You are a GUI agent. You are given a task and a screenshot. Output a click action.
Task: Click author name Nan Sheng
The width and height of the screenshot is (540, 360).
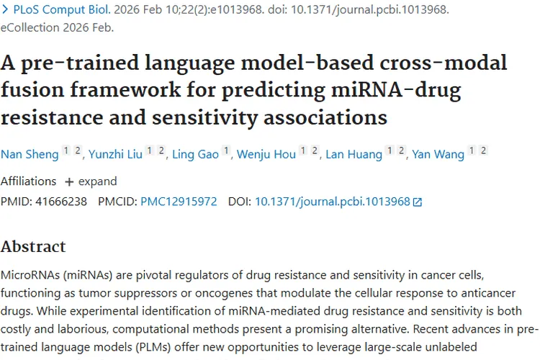(x=29, y=155)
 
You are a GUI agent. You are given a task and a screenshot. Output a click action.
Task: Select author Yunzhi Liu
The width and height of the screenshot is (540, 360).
(x=115, y=155)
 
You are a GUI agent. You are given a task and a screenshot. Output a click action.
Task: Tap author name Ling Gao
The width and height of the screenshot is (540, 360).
(x=195, y=155)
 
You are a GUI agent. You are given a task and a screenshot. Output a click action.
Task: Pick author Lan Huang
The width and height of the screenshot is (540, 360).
(x=354, y=155)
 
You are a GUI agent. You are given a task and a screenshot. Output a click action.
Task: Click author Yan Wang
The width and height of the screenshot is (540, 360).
(x=438, y=155)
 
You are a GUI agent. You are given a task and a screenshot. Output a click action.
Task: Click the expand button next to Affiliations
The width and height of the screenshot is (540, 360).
(x=91, y=181)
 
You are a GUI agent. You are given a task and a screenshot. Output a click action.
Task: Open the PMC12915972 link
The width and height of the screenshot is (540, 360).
(x=179, y=202)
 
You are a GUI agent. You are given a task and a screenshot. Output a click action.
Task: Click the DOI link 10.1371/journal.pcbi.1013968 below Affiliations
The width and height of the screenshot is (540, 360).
(x=332, y=202)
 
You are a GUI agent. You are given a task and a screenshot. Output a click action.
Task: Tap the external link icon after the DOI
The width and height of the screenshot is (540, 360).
(x=418, y=202)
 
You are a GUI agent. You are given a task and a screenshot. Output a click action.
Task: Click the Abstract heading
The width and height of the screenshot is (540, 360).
(x=33, y=246)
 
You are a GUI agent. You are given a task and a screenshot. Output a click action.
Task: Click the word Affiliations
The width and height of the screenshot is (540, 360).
(x=28, y=181)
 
